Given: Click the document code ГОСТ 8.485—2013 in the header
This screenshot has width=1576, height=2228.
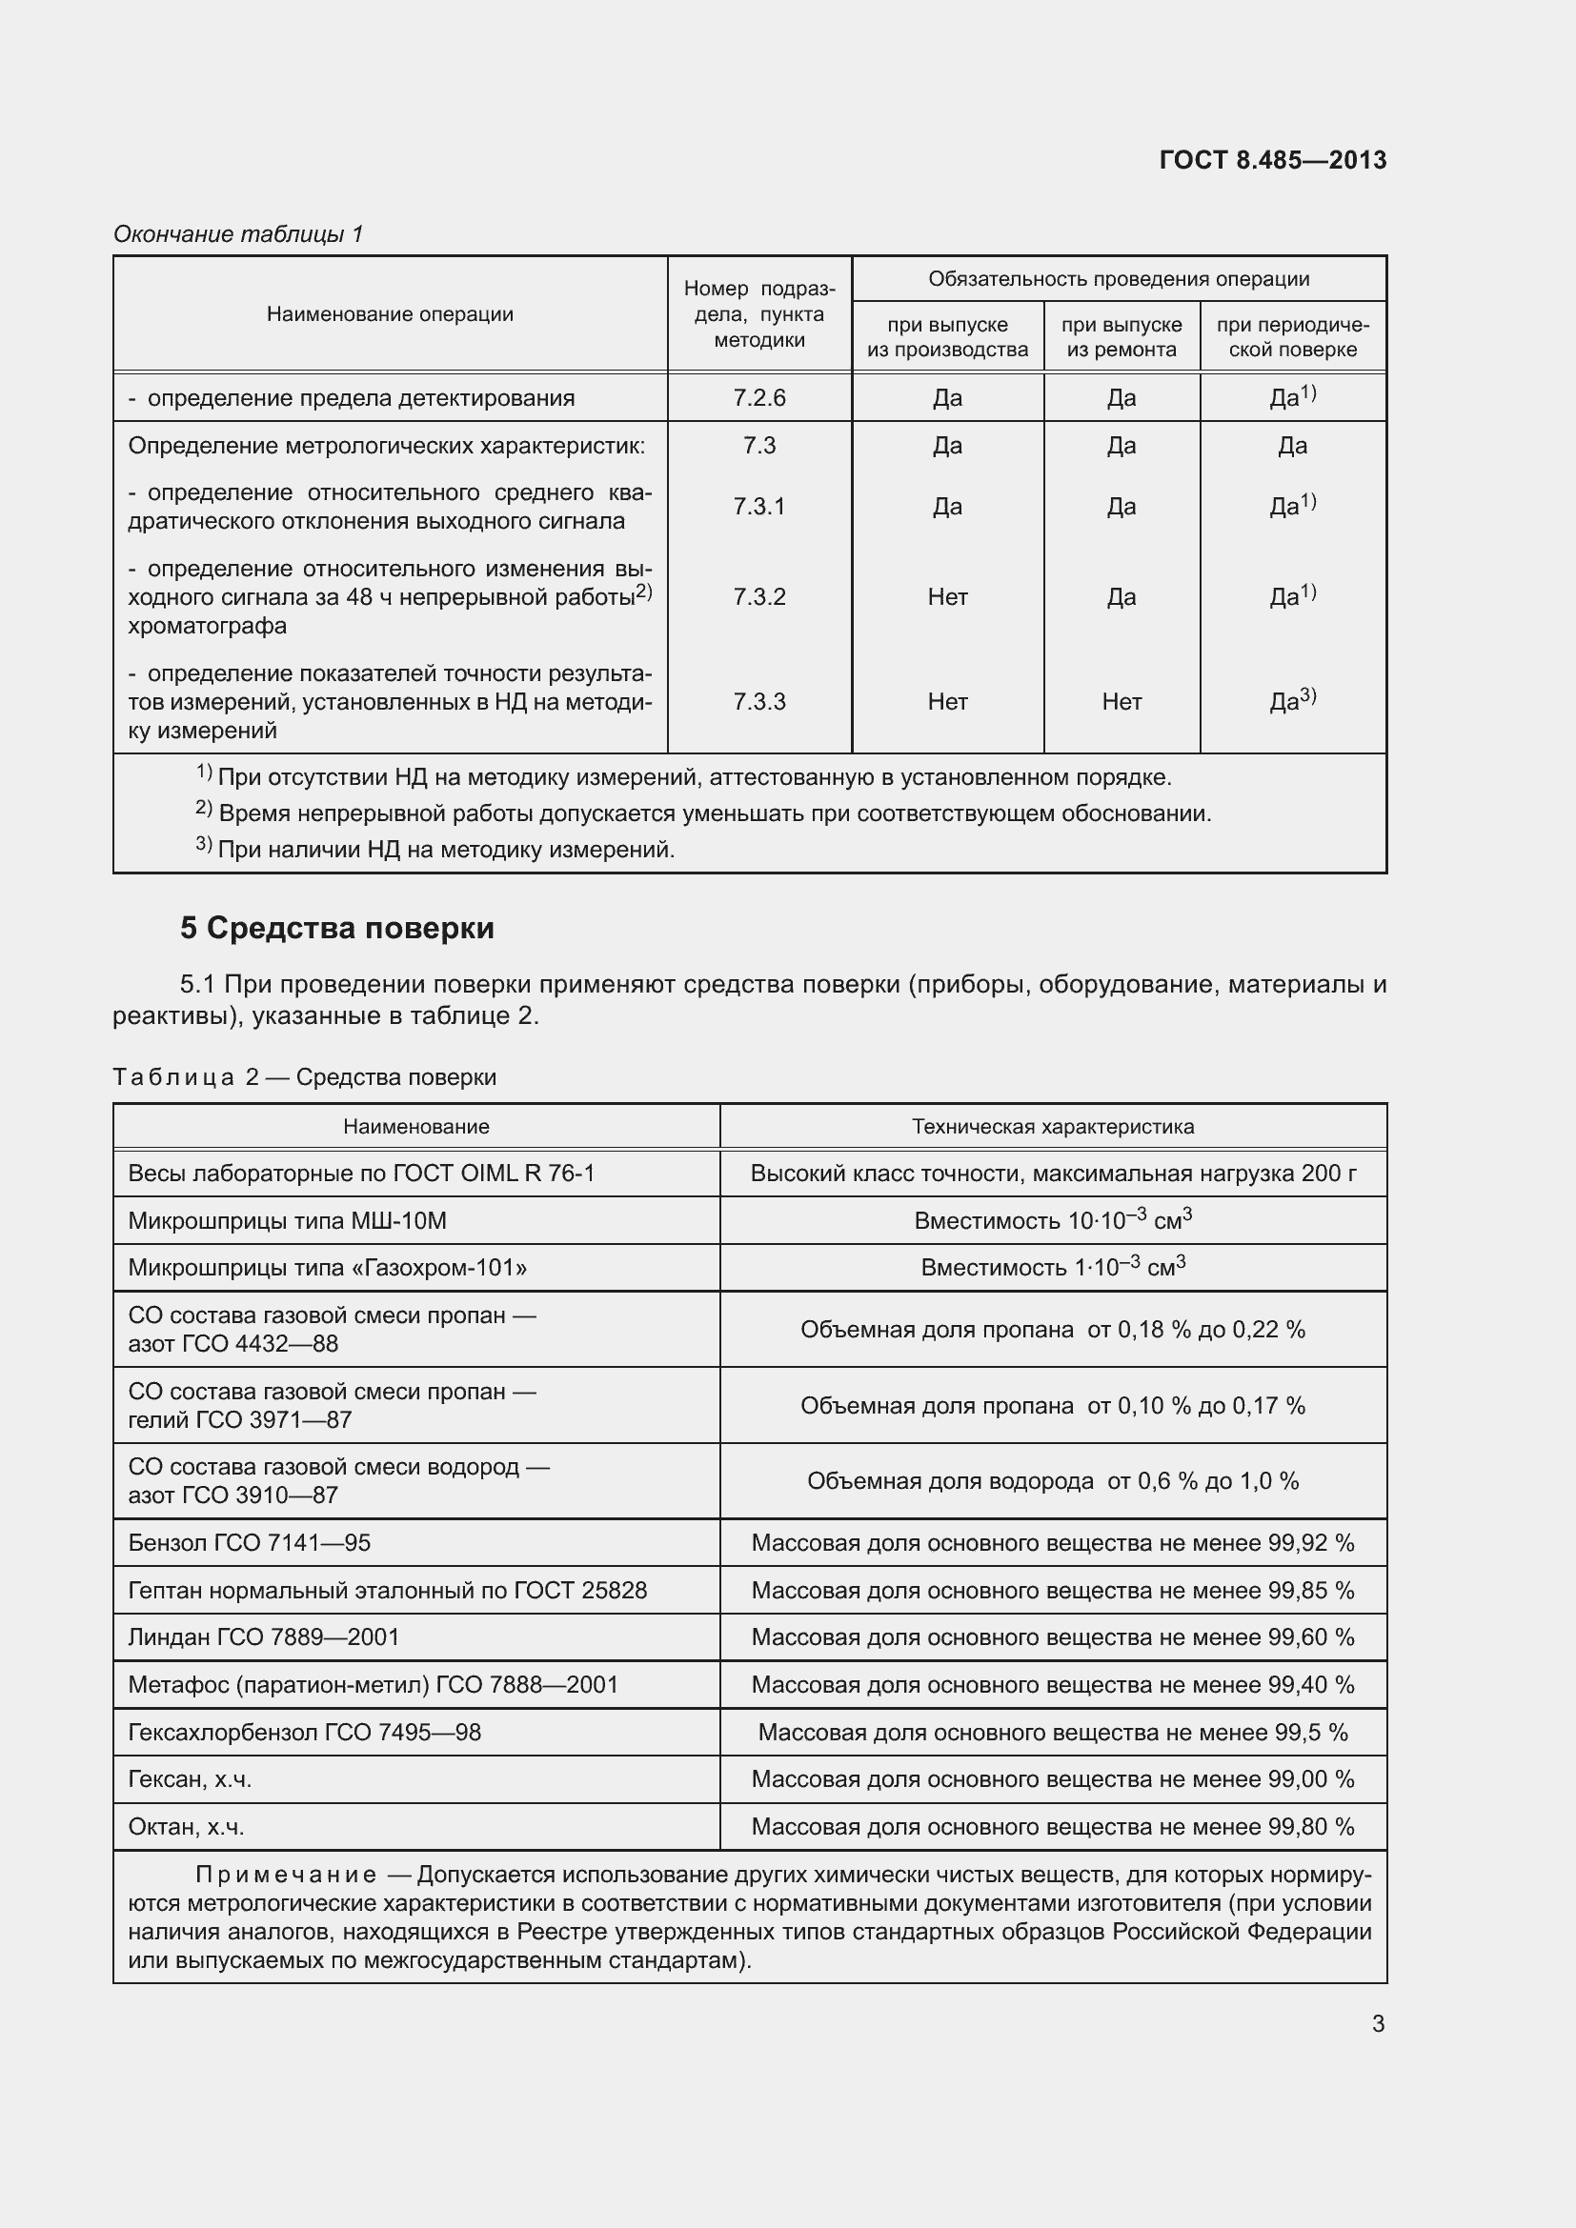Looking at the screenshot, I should pyautogui.click(x=1272, y=160).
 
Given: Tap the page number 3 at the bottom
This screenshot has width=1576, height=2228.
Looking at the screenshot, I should pyautogui.click(x=1378, y=2023).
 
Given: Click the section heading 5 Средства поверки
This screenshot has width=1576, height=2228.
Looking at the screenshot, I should pyautogui.click(x=336, y=928).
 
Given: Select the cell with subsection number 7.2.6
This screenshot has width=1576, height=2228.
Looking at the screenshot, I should pyautogui.click(x=758, y=398).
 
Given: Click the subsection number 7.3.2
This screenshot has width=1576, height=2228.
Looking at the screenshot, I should pyautogui.click(x=758, y=597).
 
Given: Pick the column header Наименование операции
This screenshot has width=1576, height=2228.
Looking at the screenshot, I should pyautogui.click(x=389, y=313).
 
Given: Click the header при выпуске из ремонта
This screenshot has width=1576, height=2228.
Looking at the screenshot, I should pyautogui.click(x=1121, y=336).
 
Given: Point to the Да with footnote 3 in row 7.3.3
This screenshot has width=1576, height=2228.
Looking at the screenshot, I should pyautogui.click(x=1292, y=701).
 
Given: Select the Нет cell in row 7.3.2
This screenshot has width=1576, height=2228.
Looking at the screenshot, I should pyautogui.click(x=947, y=597).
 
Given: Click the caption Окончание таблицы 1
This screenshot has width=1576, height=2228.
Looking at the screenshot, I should pyautogui.click(x=238, y=234).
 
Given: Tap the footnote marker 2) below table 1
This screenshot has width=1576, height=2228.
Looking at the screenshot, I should pyautogui.click(x=204, y=809).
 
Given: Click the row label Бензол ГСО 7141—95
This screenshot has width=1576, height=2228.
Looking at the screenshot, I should pyautogui.click(x=250, y=1543).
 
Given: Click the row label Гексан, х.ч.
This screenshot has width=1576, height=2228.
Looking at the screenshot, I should pyautogui.click(x=191, y=1778).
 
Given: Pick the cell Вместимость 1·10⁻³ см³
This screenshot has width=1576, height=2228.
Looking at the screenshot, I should pyautogui.click(x=1053, y=1267).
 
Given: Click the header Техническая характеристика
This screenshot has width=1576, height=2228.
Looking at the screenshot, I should pyautogui.click(x=1053, y=1127).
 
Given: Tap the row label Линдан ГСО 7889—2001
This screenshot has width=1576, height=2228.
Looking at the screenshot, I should pyautogui.click(x=264, y=1637).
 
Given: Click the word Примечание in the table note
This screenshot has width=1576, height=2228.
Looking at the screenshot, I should pyautogui.click(x=286, y=1875).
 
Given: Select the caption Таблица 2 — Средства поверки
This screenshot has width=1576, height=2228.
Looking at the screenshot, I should pyautogui.click(x=305, y=1077).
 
